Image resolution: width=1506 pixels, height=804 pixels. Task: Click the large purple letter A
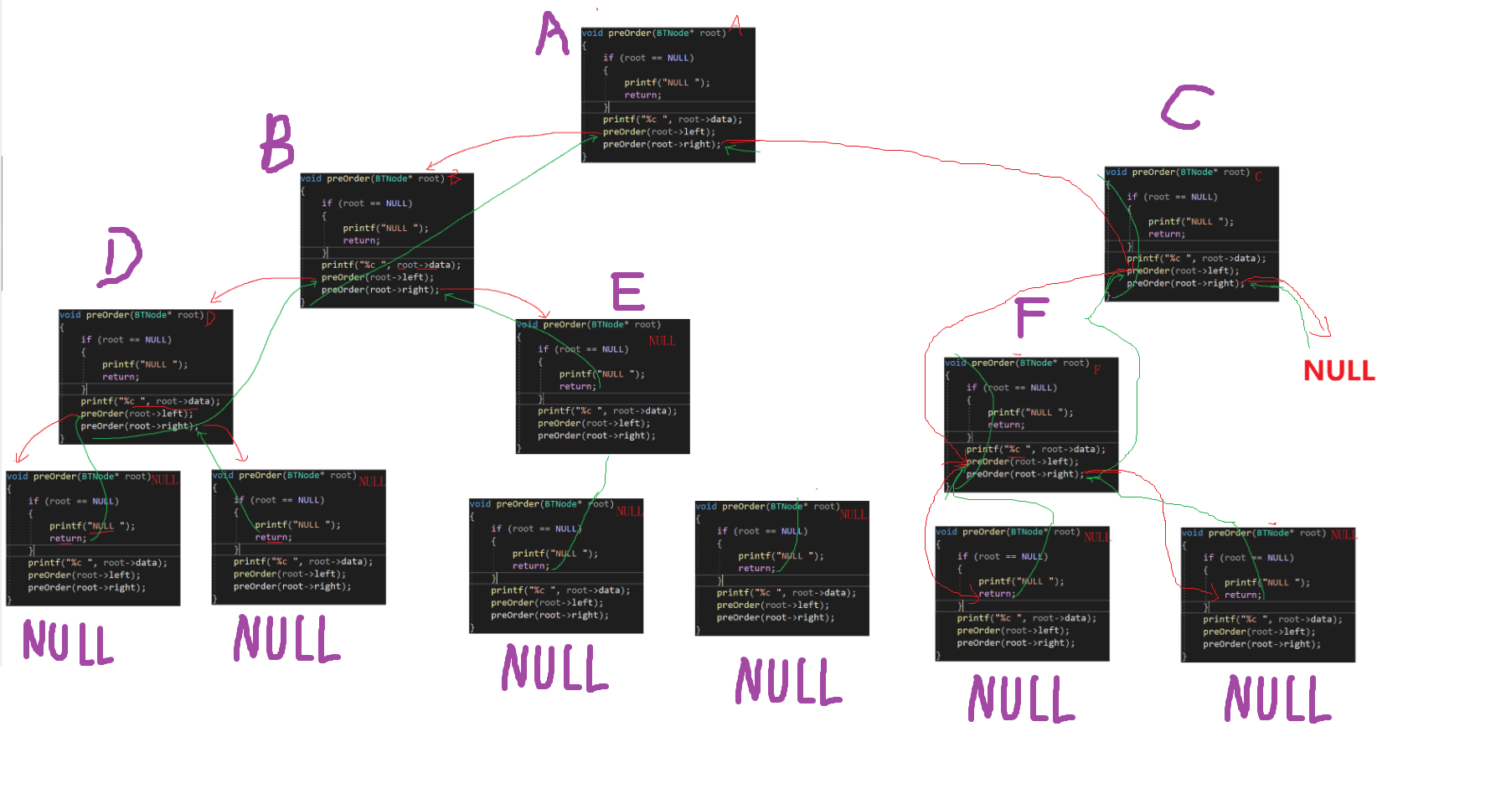click(552, 34)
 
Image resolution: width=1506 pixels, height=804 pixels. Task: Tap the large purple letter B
click(277, 143)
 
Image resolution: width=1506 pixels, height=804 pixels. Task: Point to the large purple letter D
click(120, 256)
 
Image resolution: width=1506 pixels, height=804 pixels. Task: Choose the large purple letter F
click(1030, 317)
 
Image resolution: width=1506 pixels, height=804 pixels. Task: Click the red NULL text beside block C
click(1338, 370)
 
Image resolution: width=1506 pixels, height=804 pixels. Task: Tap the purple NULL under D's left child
click(68, 642)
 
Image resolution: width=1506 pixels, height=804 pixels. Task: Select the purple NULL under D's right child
click(286, 638)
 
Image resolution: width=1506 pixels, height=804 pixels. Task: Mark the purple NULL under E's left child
click(554, 667)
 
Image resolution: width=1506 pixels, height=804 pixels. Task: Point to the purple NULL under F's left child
click(1021, 698)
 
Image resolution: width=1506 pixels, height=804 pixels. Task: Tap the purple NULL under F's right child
click(1277, 698)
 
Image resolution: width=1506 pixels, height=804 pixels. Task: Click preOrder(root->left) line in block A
click(658, 131)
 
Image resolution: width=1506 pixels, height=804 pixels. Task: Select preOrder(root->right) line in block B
click(379, 290)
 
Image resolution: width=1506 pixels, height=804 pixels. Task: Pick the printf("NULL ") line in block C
click(1190, 222)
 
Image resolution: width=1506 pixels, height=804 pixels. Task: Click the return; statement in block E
click(578, 386)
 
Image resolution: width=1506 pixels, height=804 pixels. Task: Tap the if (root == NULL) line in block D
click(126, 340)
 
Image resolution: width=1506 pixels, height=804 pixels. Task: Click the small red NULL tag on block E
click(662, 341)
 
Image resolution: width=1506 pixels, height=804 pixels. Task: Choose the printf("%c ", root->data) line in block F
click(1035, 450)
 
